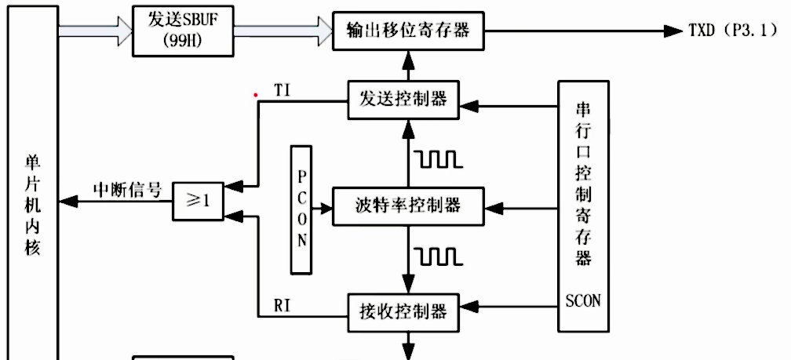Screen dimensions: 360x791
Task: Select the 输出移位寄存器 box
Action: tap(407, 31)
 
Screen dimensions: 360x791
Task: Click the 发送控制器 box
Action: tap(403, 100)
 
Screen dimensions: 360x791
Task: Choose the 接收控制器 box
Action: tap(403, 311)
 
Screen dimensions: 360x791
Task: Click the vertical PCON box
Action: tap(302, 209)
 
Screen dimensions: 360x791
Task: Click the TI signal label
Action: tap(283, 89)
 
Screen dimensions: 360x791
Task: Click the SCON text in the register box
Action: tap(582, 300)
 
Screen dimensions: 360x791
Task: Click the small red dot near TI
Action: tap(255, 95)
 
